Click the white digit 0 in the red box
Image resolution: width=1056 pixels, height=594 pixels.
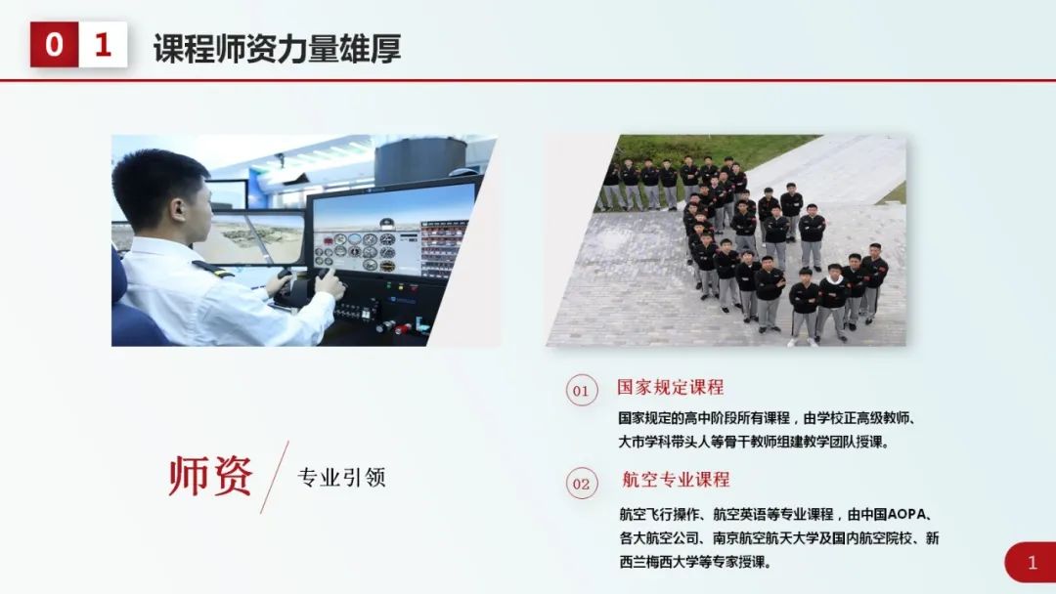pos(54,44)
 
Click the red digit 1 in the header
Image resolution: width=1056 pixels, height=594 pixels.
pos(103,44)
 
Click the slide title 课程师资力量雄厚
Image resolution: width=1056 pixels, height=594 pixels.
pos(277,46)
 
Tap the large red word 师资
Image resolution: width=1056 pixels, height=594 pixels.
pos(210,476)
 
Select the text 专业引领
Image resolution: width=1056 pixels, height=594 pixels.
pos(341,478)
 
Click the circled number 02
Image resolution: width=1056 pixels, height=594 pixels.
pos(581,484)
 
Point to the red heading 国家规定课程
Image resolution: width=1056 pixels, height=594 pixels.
pos(670,388)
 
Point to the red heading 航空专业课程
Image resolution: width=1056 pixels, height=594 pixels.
pos(676,480)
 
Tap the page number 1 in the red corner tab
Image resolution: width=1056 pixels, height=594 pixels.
pos(1033,563)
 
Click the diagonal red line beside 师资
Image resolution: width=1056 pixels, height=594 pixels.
pos(275,477)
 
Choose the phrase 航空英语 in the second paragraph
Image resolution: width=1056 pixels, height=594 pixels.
pos(742,514)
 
